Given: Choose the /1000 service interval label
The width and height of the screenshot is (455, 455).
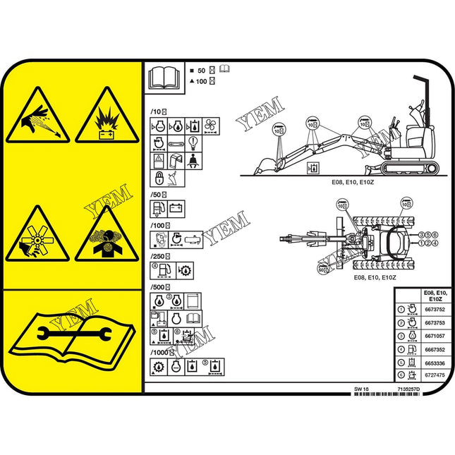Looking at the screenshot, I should tap(159, 352).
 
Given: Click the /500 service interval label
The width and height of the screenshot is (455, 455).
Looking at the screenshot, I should tap(158, 287).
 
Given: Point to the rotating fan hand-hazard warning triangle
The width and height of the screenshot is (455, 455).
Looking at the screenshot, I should tap(37, 236).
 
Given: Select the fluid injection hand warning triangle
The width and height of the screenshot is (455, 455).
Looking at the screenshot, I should tap(37, 116).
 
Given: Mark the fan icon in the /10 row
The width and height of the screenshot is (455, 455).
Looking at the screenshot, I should tap(210, 126).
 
